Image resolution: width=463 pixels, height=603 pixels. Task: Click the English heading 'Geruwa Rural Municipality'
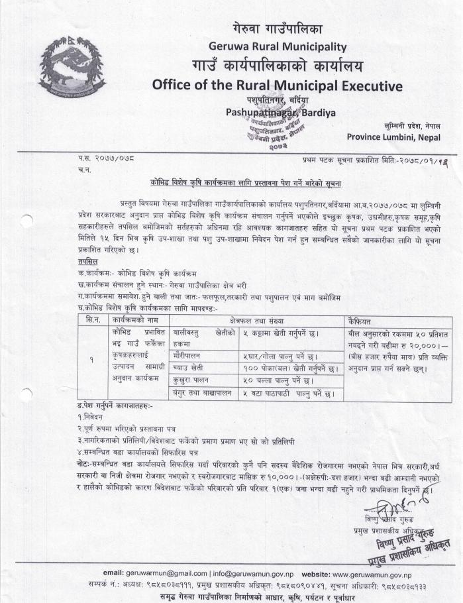[x=278, y=46]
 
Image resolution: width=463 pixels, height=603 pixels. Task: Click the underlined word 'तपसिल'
[x=88, y=262]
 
